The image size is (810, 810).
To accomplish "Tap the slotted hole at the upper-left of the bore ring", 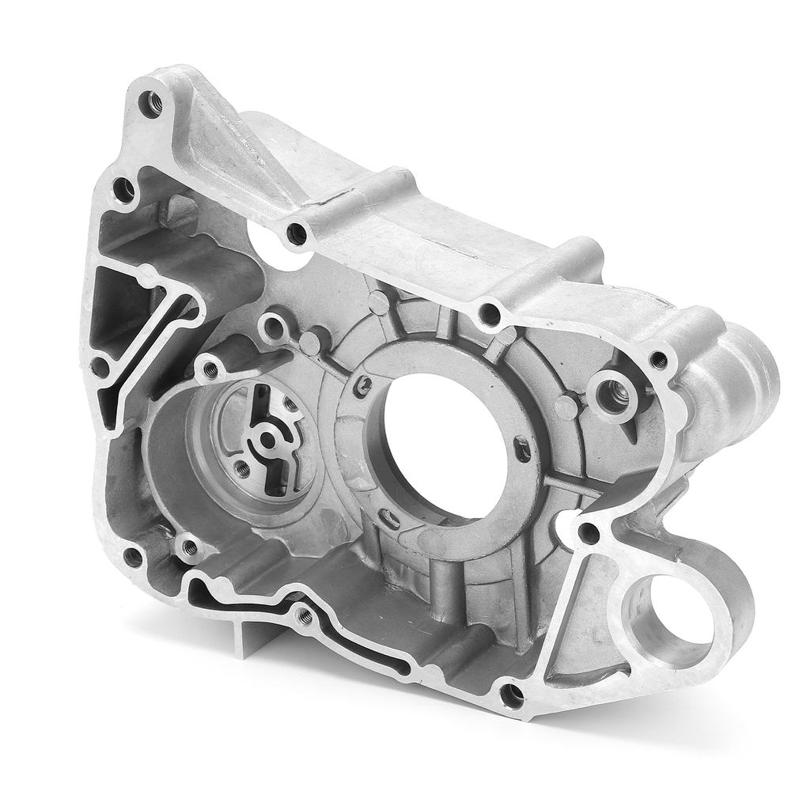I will [x=363, y=385].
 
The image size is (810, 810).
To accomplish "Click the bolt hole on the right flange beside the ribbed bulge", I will [x=658, y=360].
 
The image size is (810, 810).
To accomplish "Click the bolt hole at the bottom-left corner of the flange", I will [x=133, y=558].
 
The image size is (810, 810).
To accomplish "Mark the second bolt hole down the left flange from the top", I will [x=123, y=188].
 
